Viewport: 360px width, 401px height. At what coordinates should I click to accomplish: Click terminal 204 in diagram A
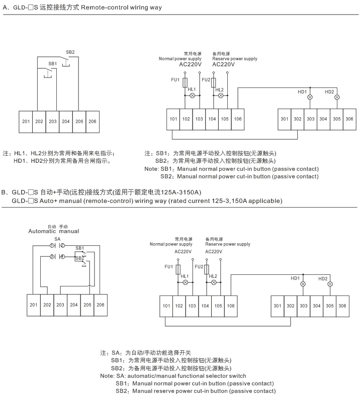pyautogui.click(x=66, y=122)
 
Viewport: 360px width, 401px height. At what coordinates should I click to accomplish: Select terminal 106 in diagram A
pyautogui.click(x=238, y=119)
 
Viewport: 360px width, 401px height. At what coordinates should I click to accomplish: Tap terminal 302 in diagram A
pyautogui.click(x=298, y=119)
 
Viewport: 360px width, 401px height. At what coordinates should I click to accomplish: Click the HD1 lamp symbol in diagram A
pyautogui.click(x=310, y=97)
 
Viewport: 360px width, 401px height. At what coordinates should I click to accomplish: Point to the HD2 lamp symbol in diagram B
pyautogui.click(x=330, y=284)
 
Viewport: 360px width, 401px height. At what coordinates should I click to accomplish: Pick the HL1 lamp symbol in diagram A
pyautogui.click(x=192, y=95)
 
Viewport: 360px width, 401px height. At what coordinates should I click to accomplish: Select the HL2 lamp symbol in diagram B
pyautogui.click(x=214, y=282)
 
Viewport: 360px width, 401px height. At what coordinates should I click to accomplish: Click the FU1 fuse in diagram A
pyautogui.click(x=185, y=82)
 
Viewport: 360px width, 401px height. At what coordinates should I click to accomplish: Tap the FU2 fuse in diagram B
pyautogui.click(x=207, y=269)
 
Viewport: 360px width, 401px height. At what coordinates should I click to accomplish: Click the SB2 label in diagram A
pyautogui.click(x=70, y=52)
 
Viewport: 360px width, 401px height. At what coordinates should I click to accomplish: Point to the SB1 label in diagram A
pyautogui.click(x=53, y=64)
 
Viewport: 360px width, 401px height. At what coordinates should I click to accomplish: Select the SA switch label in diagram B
pyautogui.click(x=57, y=239)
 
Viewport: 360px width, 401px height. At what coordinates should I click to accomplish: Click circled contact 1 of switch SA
pyautogui.click(x=52, y=246)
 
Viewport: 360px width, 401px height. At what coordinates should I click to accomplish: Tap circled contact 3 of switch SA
pyautogui.click(x=52, y=256)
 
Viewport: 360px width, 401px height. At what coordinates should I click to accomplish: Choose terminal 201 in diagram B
pyautogui.click(x=34, y=305)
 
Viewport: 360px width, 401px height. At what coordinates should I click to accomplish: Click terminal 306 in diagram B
pyautogui.click(x=342, y=306)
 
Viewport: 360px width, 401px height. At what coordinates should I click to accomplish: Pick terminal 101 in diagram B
pyautogui.click(x=166, y=306)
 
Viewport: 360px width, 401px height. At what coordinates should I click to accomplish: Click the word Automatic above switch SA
pyautogui.click(x=42, y=232)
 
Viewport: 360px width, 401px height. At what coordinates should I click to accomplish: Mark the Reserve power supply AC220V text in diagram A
pyautogui.click(x=235, y=62)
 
